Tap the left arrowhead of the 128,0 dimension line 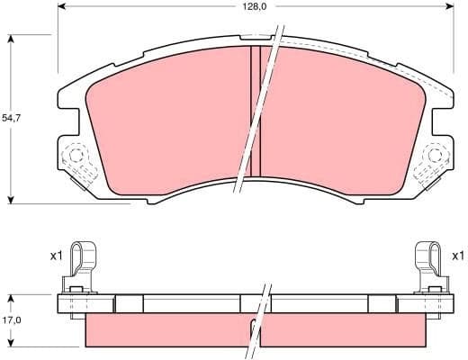pos(62,6)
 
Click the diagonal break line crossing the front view pos(261,112)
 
